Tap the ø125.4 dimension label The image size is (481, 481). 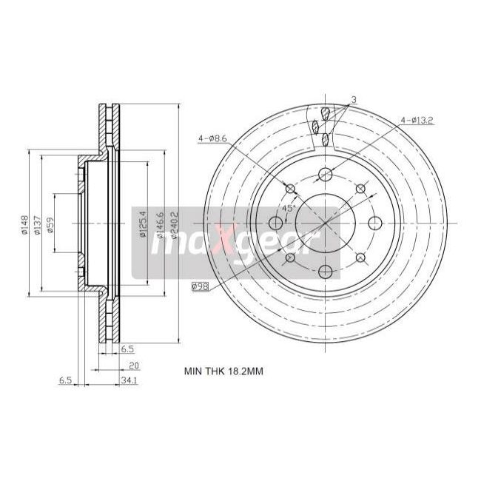[x=141, y=224]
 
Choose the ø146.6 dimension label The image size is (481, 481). [x=158, y=224]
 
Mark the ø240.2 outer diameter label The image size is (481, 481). [x=175, y=224]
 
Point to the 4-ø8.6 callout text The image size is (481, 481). [x=212, y=138]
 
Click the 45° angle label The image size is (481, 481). [x=289, y=209]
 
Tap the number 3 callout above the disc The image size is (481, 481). [x=354, y=99]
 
